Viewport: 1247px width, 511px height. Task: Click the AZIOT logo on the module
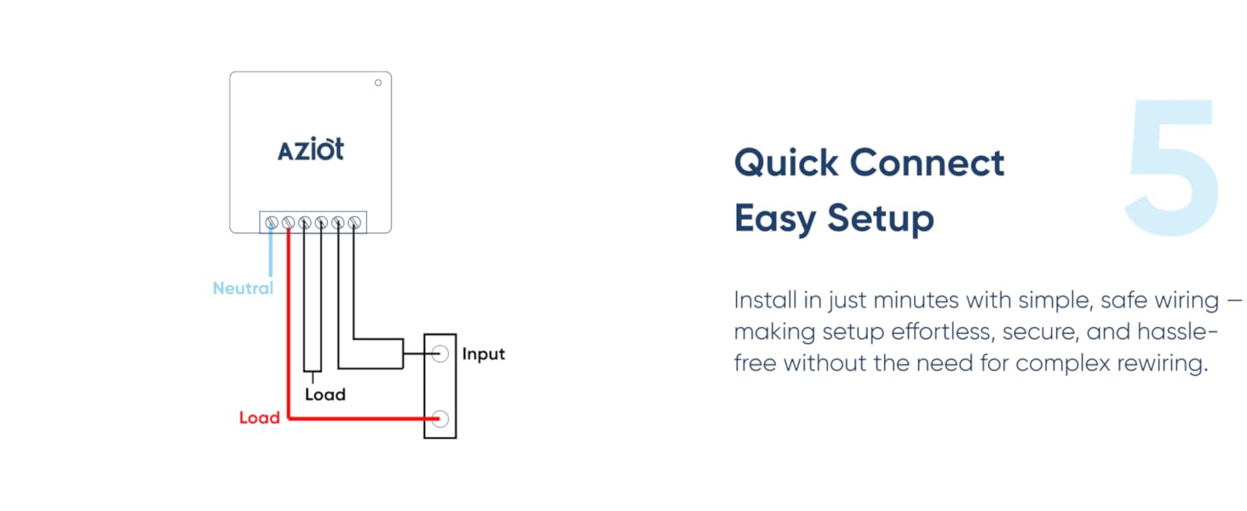(x=311, y=150)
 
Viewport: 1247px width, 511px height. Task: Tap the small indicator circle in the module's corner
(x=377, y=83)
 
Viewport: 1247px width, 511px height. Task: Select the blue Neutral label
(x=243, y=288)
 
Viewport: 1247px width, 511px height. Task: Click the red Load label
(x=259, y=417)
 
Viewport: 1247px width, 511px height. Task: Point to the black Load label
(x=325, y=394)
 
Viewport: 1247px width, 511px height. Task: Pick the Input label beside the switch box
(x=483, y=353)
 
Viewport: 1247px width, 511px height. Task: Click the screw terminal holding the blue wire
(x=272, y=223)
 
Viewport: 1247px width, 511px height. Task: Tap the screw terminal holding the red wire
(x=288, y=223)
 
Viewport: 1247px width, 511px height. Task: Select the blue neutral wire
(x=272, y=255)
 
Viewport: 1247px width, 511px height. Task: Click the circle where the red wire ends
(x=440, y=418)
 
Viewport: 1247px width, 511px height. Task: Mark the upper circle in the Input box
(x=440, y=353)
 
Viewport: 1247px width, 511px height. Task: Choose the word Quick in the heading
(x=784, y=163)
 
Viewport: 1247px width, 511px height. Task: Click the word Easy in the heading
(x=769, y=218)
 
